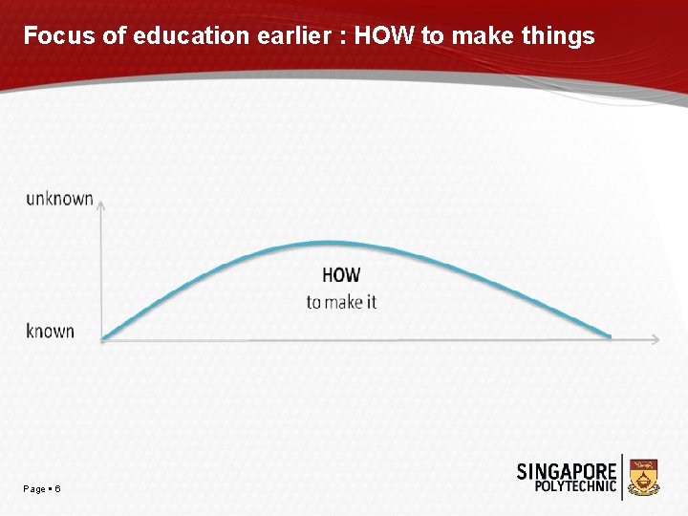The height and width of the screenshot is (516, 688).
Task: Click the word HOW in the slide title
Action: pos(385,36)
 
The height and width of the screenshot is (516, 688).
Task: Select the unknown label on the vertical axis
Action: pos(59,199)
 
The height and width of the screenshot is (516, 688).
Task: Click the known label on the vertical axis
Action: pos(50,332)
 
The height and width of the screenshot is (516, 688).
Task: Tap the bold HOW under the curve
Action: pos(341,275)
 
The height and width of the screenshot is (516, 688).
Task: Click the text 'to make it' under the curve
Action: pos(341,302)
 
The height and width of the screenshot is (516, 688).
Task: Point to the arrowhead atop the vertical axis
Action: pos(101,203)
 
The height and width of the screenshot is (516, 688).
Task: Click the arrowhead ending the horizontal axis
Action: pos(655,338)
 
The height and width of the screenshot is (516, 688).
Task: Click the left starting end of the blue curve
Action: pos(104,336)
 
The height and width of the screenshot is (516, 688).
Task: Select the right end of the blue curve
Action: pos(609,335)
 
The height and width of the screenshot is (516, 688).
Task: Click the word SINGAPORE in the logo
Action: pos(567,471)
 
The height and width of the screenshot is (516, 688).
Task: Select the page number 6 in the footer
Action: pos(58,489)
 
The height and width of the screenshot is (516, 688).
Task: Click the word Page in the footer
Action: pos(34,489)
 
